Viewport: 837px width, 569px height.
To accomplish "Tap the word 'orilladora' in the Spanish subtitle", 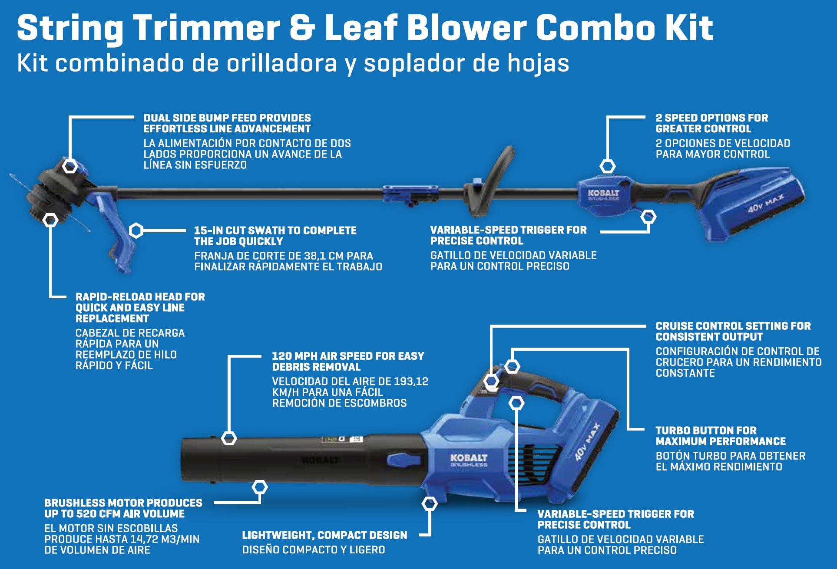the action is (281, 63).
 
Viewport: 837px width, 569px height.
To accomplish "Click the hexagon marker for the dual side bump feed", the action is (70, 166).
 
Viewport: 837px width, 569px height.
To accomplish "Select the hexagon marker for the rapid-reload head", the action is (50, 220).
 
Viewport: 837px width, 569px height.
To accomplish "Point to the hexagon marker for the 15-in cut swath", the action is (136, 230).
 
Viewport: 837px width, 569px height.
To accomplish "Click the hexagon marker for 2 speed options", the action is (607, 166).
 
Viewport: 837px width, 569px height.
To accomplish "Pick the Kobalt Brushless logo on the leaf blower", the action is (469, 460).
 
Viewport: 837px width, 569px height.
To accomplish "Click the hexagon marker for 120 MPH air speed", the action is (229, 438).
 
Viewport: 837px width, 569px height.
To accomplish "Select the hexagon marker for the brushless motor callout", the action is (260, 487).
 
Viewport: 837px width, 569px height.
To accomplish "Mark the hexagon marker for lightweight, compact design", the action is (429, 503).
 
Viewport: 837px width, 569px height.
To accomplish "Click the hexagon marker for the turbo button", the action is (512, 366).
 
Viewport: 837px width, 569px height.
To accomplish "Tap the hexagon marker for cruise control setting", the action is (491, 381).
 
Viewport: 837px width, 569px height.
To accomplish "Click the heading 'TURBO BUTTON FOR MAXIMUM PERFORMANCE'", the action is (721, 436).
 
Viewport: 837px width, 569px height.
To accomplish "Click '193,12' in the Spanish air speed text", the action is (410, 382).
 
